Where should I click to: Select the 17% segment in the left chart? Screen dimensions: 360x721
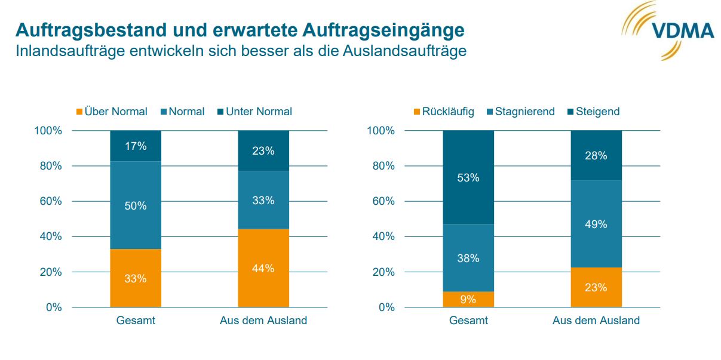point(136,146)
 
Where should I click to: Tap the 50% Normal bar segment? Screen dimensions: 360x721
point(136,205)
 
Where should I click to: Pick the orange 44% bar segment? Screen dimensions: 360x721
point(263,268)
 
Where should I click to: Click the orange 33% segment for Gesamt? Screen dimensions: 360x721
point(136,278)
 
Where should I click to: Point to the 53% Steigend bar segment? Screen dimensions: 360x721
point(468,177)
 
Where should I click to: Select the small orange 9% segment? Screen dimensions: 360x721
point(468,300)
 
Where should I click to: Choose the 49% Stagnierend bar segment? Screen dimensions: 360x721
point(596,224)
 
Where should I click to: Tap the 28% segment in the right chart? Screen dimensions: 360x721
point(596,155)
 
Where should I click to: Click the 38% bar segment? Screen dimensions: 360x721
point(468,258)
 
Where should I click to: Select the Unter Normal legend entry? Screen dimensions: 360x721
point(254,112)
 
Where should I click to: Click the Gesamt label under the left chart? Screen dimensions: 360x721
point(136,321)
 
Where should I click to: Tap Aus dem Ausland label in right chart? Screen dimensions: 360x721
point(596,321)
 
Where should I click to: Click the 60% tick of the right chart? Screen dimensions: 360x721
point(385,201)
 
